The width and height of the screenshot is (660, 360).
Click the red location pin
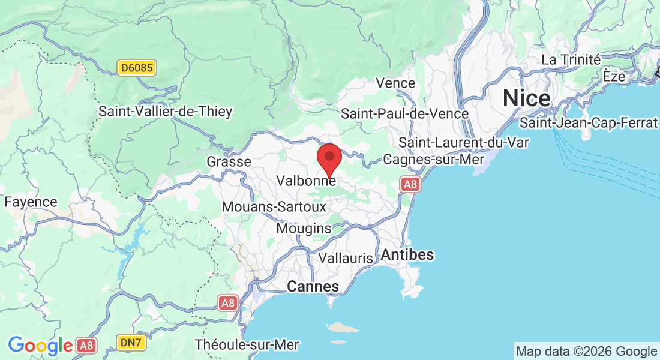pos(329,158)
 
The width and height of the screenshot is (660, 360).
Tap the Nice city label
pos(527,98)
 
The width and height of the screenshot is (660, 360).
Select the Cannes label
pos(313,287)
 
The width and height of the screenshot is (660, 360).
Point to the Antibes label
pos(407,254)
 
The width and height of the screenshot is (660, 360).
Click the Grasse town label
pos(229,162)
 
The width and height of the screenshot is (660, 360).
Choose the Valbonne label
pos(306,180)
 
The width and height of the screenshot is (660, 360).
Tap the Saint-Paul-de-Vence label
pos(404,113)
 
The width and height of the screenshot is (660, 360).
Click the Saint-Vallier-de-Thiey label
pos(165,112)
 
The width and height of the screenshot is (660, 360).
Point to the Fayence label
pos(31,202)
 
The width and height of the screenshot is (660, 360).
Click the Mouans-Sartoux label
pos(274,207)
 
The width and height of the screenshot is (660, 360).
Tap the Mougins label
pos(304,229)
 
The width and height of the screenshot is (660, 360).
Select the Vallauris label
pos(346,258)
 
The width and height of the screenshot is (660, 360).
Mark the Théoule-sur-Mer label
pos(247,345)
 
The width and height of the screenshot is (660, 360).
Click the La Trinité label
pos(571,60)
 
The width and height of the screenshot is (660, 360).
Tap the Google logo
pos(40,346)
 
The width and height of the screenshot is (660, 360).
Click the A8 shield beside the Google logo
pos(86,346)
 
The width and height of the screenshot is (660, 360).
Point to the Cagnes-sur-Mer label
pos(434,160)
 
